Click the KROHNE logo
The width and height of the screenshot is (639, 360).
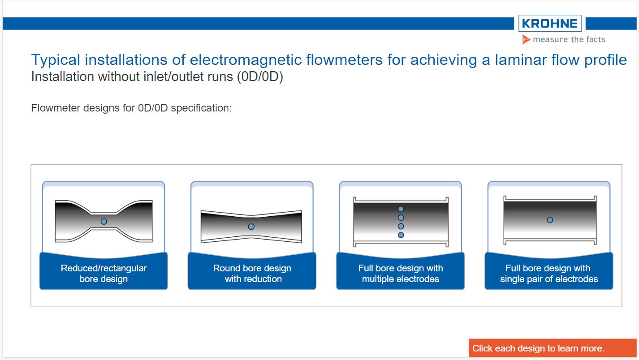[550, 24]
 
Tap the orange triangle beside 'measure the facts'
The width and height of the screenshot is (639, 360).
[527, 40]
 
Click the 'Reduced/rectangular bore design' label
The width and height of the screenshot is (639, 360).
[104, 273]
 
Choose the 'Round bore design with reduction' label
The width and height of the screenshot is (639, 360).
[252, 273]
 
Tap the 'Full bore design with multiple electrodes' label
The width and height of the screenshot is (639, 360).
[401, 273]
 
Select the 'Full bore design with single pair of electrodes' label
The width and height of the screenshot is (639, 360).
[549, 273]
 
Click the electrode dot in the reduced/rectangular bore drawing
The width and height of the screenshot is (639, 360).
[104, 221]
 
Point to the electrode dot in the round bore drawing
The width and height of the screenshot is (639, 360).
[251, 227]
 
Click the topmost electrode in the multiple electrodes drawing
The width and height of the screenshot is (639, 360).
[401, 209]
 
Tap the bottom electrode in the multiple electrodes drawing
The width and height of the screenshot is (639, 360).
[401, 235]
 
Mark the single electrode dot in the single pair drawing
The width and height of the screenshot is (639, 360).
[550, 220]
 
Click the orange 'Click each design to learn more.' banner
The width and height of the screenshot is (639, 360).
[552, 348]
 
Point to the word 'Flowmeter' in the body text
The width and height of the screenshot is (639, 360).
[56, 108]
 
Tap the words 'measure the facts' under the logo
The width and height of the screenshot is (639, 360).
[569, 39]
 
